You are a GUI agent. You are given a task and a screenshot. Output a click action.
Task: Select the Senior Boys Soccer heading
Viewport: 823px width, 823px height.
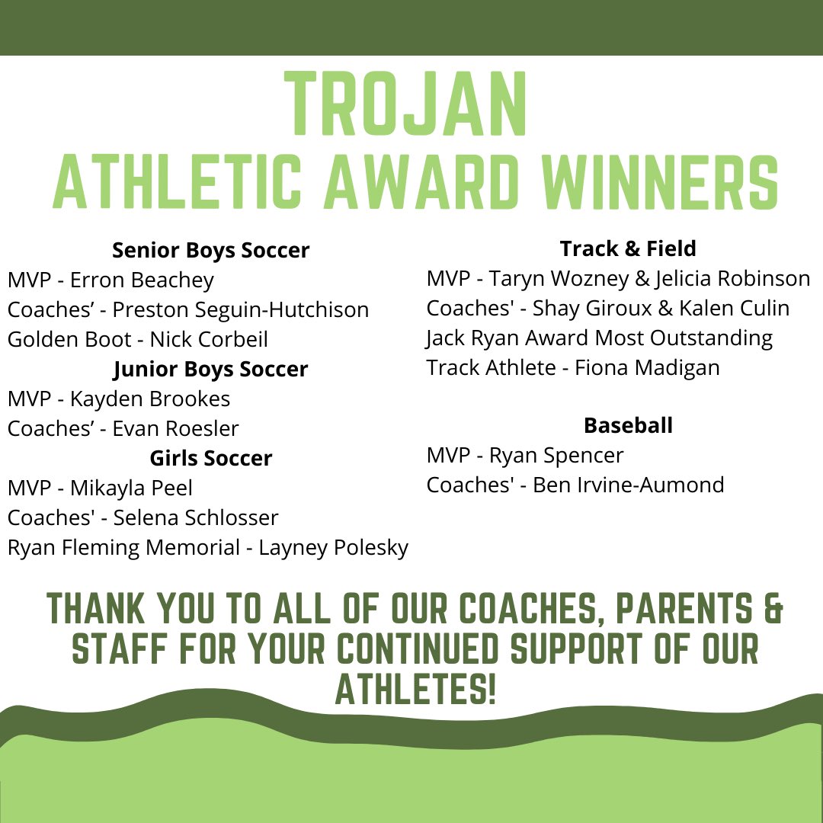coord(211,250)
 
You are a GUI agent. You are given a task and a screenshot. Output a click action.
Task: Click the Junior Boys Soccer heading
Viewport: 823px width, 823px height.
coord(211,369)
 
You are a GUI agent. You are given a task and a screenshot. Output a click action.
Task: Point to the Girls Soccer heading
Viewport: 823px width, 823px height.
coord(211,458)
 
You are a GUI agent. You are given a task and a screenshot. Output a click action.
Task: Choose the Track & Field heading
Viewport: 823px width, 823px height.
coord(628,248)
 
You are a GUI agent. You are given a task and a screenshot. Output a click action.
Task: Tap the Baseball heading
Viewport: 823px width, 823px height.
coord(628,425)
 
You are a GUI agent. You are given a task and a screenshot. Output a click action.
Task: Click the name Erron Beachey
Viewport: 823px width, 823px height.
coord(143,280)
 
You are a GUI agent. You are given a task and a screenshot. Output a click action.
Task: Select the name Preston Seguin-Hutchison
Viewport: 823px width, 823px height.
coord(241,309)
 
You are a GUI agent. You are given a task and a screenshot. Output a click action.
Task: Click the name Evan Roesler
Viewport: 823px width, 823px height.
coord(175,428)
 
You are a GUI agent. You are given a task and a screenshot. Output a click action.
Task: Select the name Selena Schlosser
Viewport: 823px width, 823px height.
coord(196,517)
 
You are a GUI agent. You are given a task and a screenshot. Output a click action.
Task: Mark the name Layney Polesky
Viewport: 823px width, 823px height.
coord(334,547)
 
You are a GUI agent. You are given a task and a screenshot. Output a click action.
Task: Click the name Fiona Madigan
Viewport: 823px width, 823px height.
coord(648,367)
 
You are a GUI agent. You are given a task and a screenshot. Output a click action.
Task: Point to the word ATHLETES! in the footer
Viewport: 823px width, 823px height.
coord(416,690)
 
